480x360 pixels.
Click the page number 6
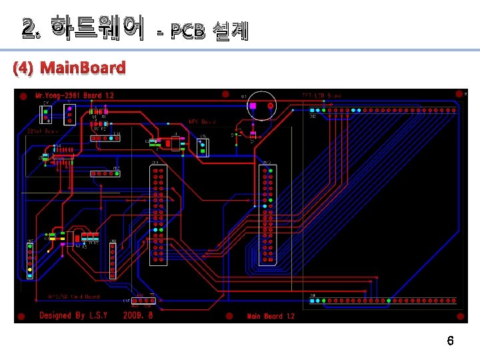[x=450, y=341]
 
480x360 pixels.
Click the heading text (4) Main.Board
[x=69, y=68]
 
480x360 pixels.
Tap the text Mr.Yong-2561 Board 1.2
[x=75, y=95]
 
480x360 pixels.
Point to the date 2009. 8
[x=138, y=315]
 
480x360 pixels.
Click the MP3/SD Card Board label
[x=73, y=296]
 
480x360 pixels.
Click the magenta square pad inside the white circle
[x=253, y=106]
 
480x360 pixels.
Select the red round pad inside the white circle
[x=270, y=106]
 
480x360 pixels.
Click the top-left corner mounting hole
[x=23, y=96]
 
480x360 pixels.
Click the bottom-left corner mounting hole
[x=22, y=315]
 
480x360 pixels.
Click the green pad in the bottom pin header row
[x=388, y=301]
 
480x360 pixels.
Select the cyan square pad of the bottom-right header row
[x=312, y=301]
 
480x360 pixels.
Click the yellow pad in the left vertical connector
[x=30, y=270]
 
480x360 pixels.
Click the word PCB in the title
[x=187, y=31]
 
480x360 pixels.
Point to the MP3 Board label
[x=202, y=122]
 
